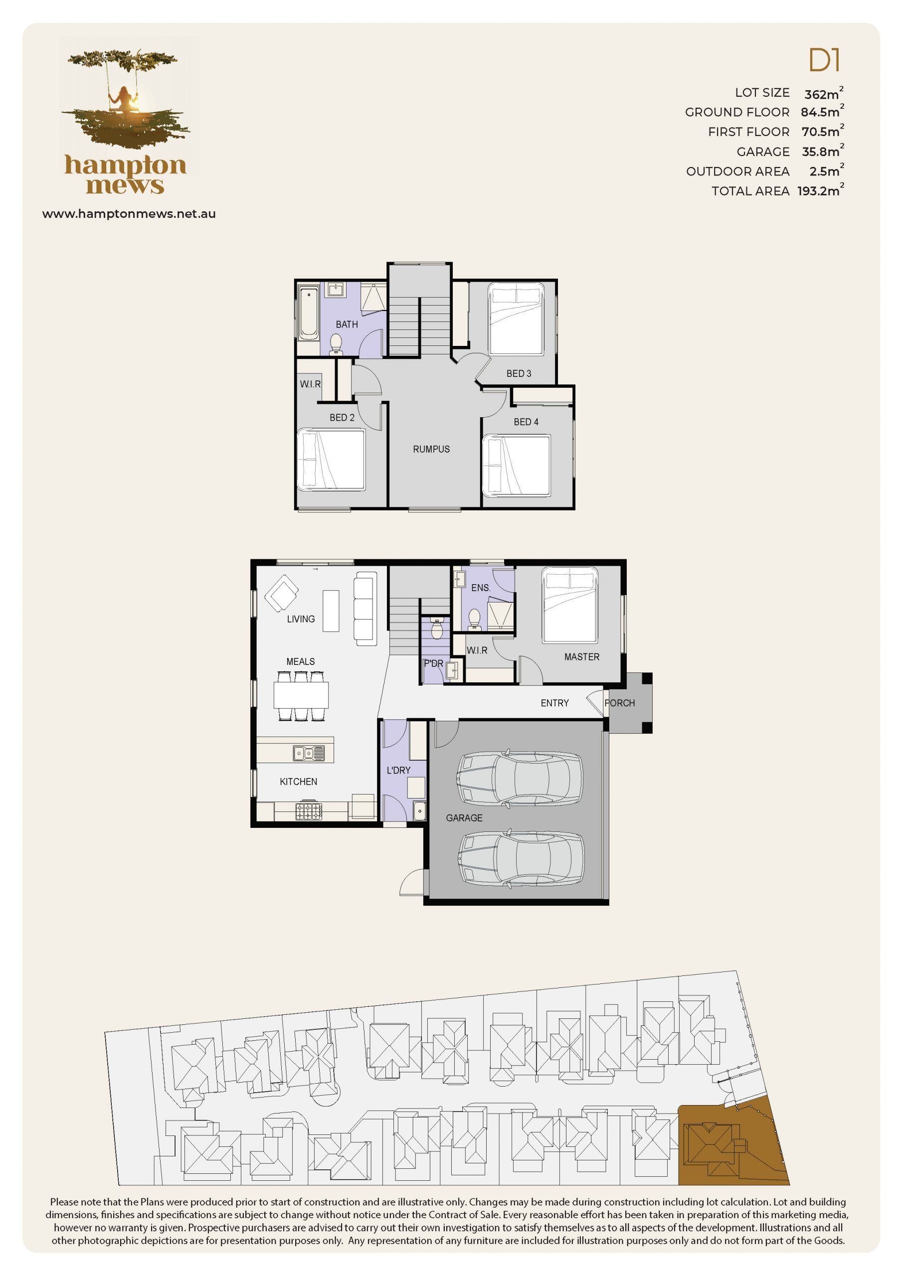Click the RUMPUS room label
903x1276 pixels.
click(x=431, y=449)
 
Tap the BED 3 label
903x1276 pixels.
click(x=519, y=373)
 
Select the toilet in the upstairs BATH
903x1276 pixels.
click(x=336, y=344)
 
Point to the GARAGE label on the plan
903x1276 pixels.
click(x=464, y=818)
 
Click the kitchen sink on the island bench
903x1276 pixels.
click(x=309, y=753)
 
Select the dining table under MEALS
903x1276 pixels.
click(x=301, y=695)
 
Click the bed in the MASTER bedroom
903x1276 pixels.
click(x=570, y=605)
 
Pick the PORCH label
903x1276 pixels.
click(x=620, y=703)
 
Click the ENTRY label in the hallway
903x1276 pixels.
click(x=555, y=703)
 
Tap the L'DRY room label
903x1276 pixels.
click(x=399, y=770)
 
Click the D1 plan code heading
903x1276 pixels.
click(x=824, y=61)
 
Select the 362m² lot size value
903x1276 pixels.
click(x=824, y=93)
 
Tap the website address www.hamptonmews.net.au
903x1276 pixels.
click(x=129, y=214)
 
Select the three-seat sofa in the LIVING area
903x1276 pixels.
click(x=365, y=609)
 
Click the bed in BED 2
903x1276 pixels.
click(x=332, y=460)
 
